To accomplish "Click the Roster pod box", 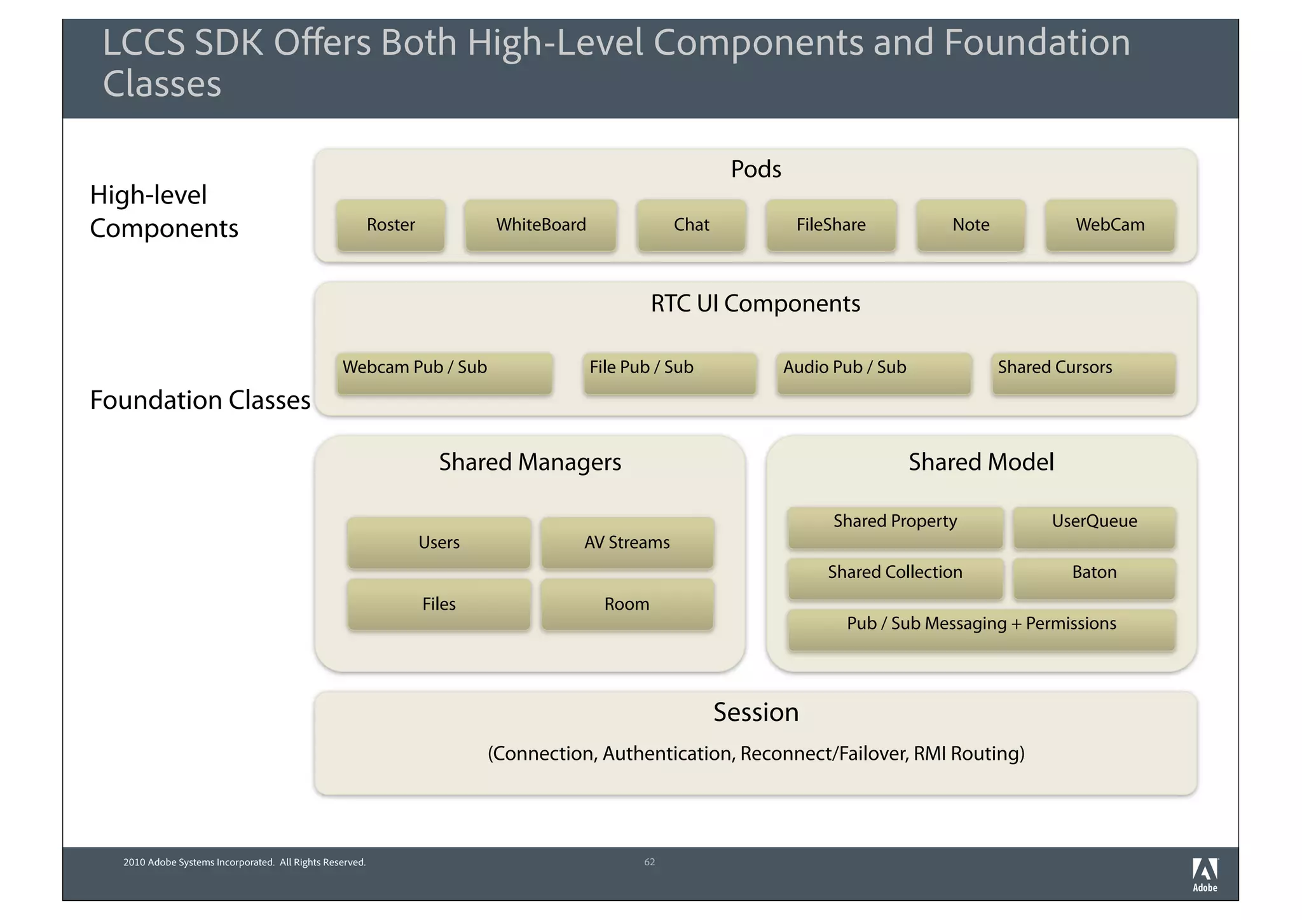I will click(x=390, y=225).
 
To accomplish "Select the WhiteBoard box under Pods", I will click(x=540, y=225).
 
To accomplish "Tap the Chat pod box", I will click(x=691, y=225).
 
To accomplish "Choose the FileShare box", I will click(x=831, y=225).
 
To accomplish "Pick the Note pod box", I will click(x=971, y=225).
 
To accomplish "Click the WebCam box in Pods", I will click(x=1110, y=225).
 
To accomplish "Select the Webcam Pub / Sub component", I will click(x=444, y=373).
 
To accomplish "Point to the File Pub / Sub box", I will click(x=670, y=373).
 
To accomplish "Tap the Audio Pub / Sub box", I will click(x=874, y=373).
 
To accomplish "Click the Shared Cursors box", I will click(x=1083, y=373).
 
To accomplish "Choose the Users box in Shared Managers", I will click(x=439, y=542).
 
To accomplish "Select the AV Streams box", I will click(x=627, y=542).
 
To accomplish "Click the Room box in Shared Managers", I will click(x=627, y=604).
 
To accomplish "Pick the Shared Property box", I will click(x=895, y=527).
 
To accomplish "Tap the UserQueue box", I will click(x=1094, y=527).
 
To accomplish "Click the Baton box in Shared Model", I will click(x=1094, y=578).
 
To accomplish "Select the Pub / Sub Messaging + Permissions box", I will click(x=982, y=629).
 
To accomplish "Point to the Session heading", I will click(x=756, y=712).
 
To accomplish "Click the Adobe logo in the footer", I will click(x=1205, y=875).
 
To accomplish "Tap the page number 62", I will click(x=649, y=862).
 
